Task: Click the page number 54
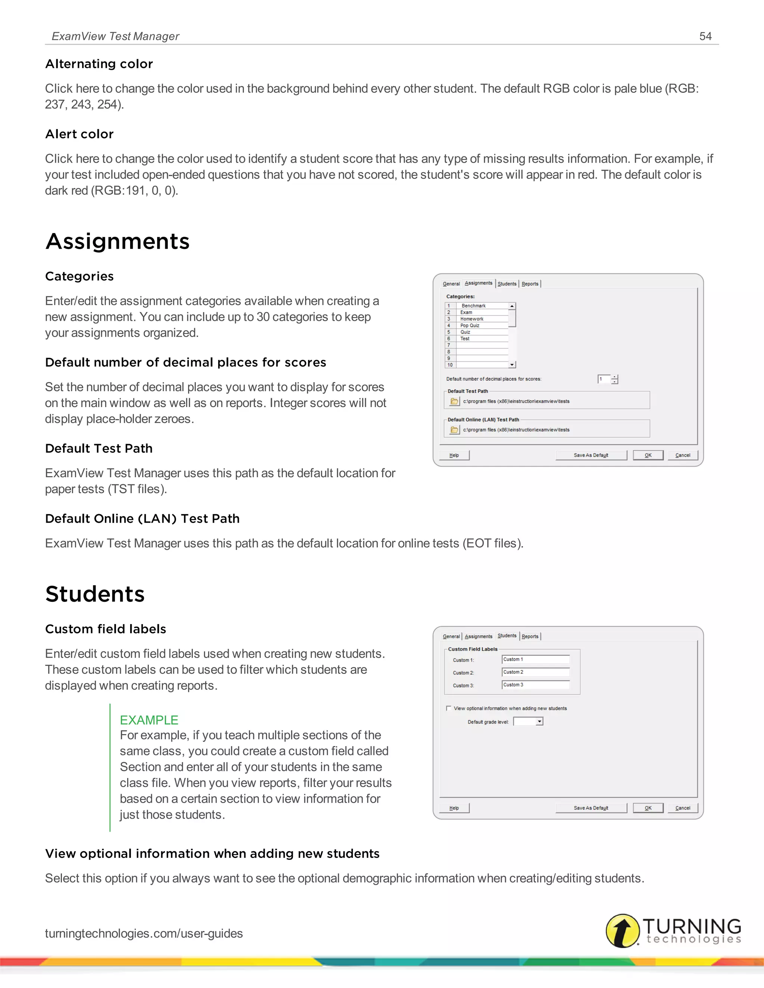(705, 36)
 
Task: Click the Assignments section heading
(117, 241)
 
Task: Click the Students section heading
(95, 594)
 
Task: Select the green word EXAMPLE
(149, 720)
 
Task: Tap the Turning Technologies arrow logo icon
(622, 931)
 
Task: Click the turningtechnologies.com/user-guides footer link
(144, 933)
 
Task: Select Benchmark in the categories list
(473, 306)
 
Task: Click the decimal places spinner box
(604, 379)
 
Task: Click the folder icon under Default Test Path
(454, 401)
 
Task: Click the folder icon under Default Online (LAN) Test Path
(454, 430)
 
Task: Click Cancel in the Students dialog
(683, 808)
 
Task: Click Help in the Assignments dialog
(454, 455)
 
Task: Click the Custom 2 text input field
(535, 672)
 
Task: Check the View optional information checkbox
(448, 708)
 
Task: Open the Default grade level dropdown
(539, 721)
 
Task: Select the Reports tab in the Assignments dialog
(530, 284)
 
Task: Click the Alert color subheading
(79, 134)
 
